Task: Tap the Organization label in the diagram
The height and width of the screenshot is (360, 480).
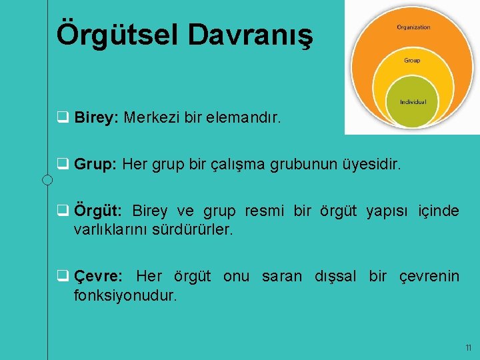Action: point(413,27)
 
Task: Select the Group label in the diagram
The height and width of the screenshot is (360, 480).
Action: point(412,61)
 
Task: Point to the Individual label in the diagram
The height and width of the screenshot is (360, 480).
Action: point(413,102)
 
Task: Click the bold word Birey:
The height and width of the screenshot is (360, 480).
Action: point(97,119)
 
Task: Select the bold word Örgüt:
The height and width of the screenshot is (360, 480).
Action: point(98,211)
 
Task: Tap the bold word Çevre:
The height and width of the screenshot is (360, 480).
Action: point(98,276)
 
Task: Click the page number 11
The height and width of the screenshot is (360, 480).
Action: point(468,348)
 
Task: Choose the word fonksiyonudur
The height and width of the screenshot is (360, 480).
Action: point(126,295)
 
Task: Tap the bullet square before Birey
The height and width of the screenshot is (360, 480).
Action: point(62,119)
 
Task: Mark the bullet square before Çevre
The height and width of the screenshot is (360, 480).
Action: point(62,276)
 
